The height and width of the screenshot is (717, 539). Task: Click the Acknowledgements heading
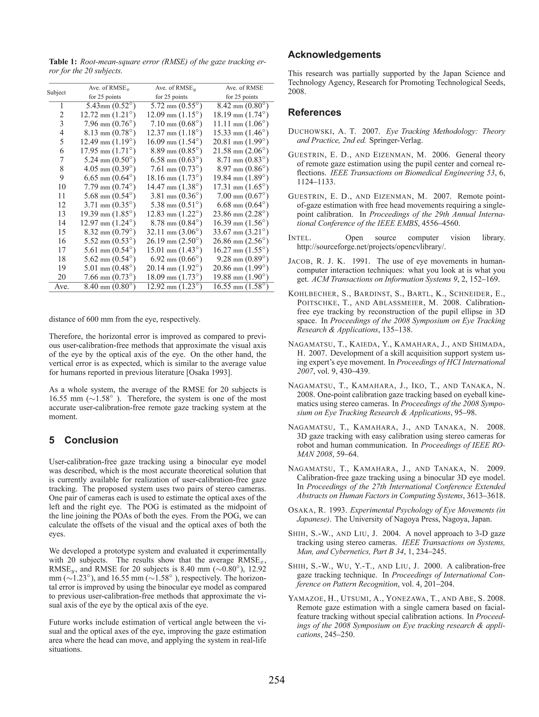[x=334, y=54]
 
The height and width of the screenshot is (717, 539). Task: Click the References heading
[x=314, y=112]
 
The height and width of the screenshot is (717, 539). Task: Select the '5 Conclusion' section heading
[x=83, y=440]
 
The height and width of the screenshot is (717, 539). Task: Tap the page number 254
[x=276, y=680]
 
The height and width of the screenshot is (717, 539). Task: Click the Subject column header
[x=56, y=92]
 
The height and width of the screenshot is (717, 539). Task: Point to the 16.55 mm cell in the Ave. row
[x=241, y=287]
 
